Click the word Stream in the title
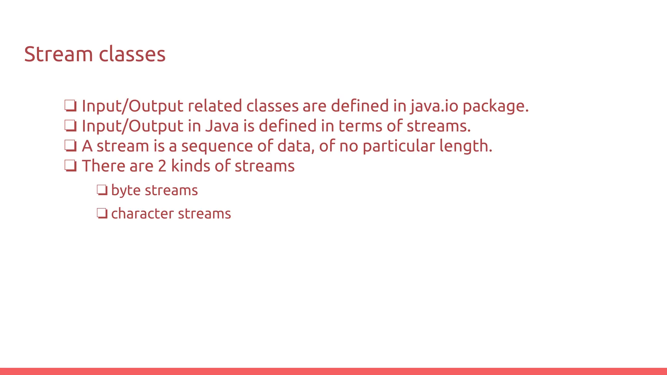58,54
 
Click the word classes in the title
132,54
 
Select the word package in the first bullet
495,107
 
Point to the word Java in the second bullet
222,126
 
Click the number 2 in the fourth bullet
162,166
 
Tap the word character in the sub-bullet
142,214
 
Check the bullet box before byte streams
102,190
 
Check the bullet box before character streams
102,214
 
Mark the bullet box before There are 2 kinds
70,166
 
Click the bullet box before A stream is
70,146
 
